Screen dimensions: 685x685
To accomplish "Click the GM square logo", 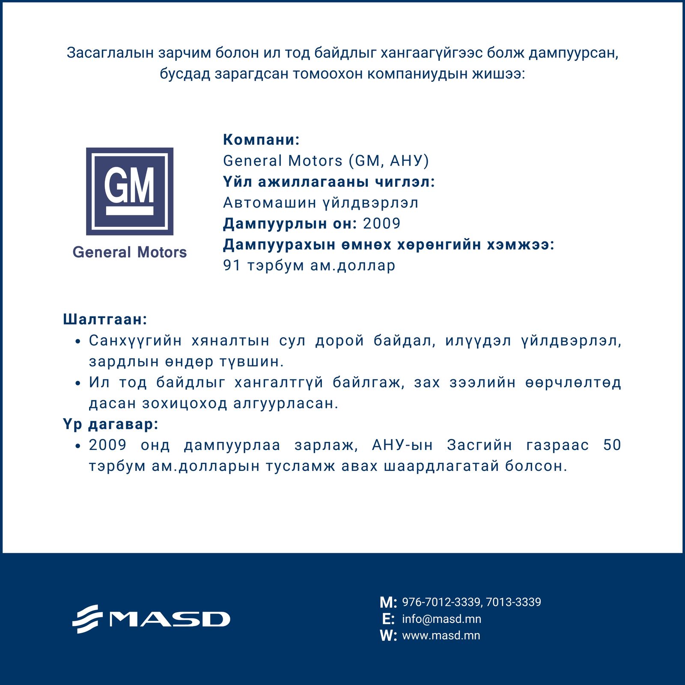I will tap(130, 191).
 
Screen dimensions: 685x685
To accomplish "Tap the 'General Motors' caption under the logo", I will tap(130, 252).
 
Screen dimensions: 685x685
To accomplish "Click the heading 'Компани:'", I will tap(261, 140).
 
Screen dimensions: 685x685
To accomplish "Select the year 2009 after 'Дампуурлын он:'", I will tap(381, 223).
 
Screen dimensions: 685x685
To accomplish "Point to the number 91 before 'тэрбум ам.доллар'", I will tap(232, 265).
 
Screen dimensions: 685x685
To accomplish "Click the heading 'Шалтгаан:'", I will tap(105, 319).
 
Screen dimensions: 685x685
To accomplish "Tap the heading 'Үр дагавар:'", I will tap(111, 424).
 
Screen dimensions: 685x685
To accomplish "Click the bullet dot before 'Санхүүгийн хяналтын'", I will tap(77, 342).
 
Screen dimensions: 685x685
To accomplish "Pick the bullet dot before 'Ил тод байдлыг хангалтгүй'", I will tap(77, 383).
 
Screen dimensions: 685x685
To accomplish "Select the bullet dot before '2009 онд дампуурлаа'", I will tap(77, 446).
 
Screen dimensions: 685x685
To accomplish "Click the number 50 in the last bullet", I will tap(612, 445).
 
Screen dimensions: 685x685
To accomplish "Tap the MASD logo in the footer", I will tap(151, 619).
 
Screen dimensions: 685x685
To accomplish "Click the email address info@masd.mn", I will tap(441, 619).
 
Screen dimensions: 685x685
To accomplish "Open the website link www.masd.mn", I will tap(441, 635).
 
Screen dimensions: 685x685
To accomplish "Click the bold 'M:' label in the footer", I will tap(388, 603).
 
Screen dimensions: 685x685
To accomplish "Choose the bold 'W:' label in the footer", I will tap(388, 636).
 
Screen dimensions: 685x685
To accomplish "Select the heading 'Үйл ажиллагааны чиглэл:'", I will tap(329, 182).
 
